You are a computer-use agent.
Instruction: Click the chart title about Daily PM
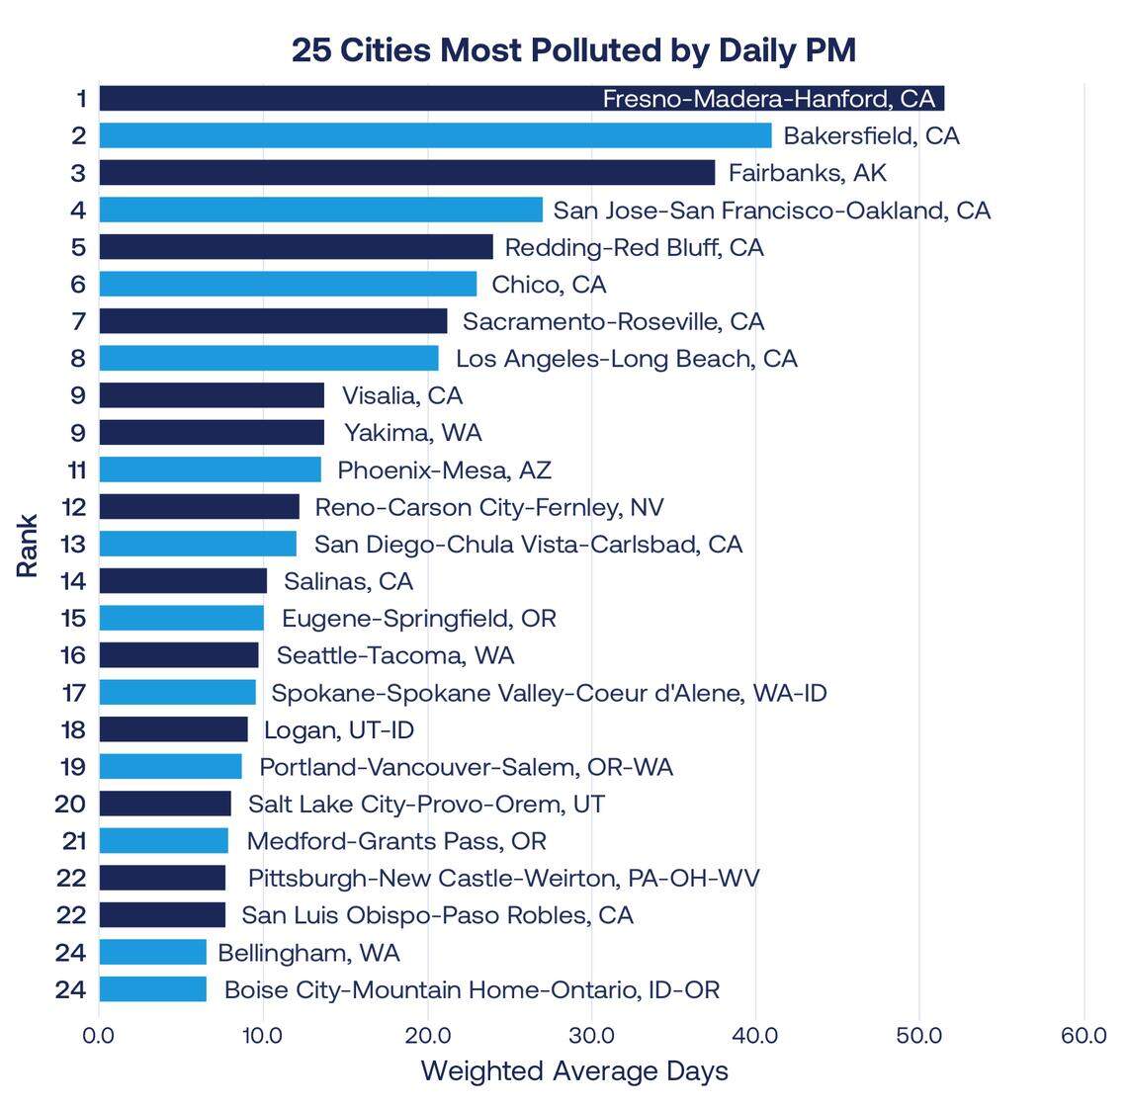point(573,49)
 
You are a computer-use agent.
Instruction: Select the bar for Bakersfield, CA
point(435,135)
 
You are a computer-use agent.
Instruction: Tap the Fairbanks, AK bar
point(406,173)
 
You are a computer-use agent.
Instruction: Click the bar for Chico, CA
point(288,285)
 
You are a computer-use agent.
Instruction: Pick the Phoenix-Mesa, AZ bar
point(210,469)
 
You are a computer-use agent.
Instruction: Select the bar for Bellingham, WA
point(152,953)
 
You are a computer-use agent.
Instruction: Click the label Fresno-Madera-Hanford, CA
point(768,99)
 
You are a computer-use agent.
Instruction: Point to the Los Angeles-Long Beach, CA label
point(626,359)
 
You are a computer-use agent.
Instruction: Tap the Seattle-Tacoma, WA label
point(395,655)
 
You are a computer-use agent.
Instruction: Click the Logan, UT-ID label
point(339,730)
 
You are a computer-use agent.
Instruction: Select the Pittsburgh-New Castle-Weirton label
point(503,878)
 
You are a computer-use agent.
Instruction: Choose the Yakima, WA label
point(412,433)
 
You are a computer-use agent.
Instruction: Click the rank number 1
point(80,99)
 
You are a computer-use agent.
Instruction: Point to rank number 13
point(73,545)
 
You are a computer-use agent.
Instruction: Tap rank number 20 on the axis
point(71,804)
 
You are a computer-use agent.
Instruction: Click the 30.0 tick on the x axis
point(591,1036)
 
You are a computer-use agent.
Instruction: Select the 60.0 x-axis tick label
point(1084,1036)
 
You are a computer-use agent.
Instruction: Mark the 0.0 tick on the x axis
point(99,1036)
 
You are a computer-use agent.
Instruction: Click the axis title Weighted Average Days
point(574,1071)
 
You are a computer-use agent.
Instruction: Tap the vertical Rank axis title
point(28,546)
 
